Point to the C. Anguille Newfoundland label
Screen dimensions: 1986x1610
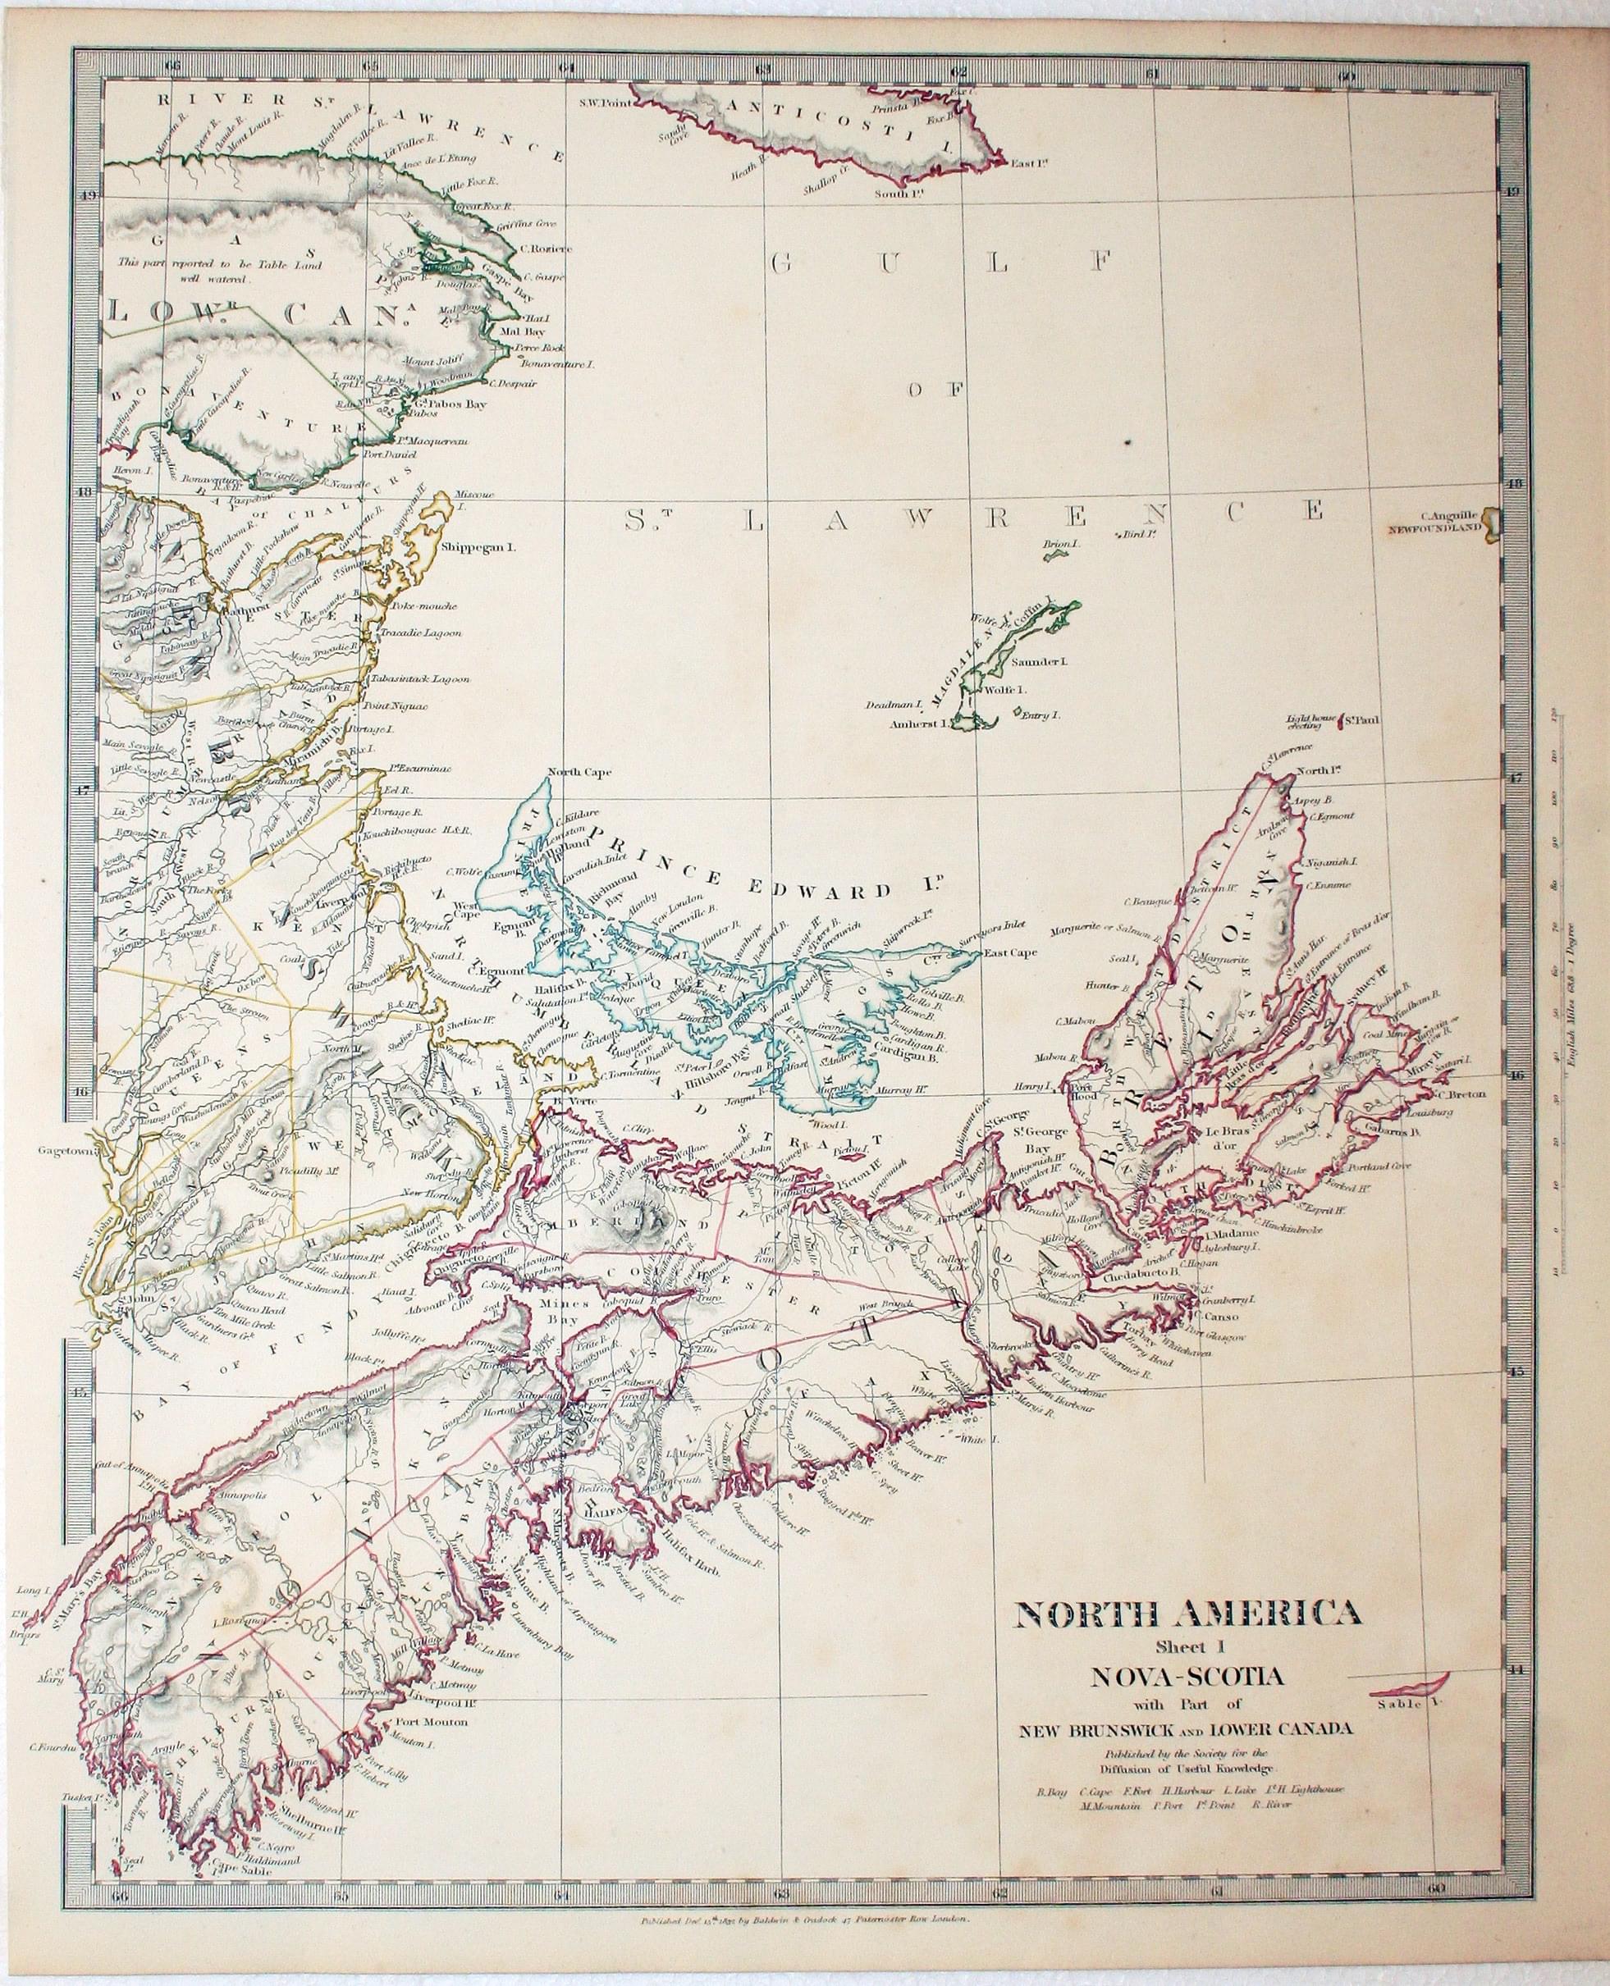(1434, 527)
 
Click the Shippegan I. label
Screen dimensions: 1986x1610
(478, 546)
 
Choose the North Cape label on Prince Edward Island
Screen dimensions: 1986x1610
(575, 771)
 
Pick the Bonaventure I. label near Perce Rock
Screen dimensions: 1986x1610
(556, 365)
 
